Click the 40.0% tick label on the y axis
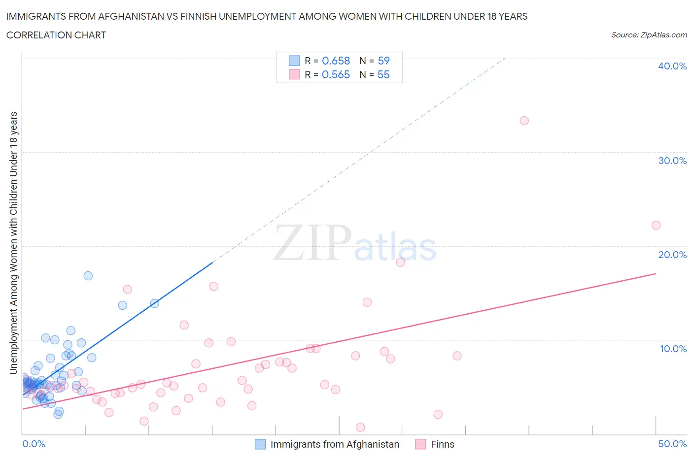[x=672, y=66]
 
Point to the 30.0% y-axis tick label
[x=672, y=161]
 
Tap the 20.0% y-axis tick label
[x=672, y=255]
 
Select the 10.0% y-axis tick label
[x=673, y=349]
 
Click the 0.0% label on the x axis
[x=34, y=444]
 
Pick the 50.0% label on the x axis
[x=672, y=444]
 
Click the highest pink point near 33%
[x=524, y=121]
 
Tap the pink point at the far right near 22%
[x=656, y=225]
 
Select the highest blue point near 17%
[x=88, y=276]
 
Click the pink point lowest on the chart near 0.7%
[x=360, y=427]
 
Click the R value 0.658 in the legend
[x=336, y=61]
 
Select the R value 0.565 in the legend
[x=336, y=74]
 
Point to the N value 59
[x=383, y=61]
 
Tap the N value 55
[x=383, y=74]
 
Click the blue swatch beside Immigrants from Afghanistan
[x=260, y=444]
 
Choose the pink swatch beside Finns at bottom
[x=420, y=444]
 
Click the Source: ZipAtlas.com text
[x=649, y=35]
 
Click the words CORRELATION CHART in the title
[x=56, y=35]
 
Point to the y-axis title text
[x=13, y=243]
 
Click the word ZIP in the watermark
[x=312, y=243]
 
